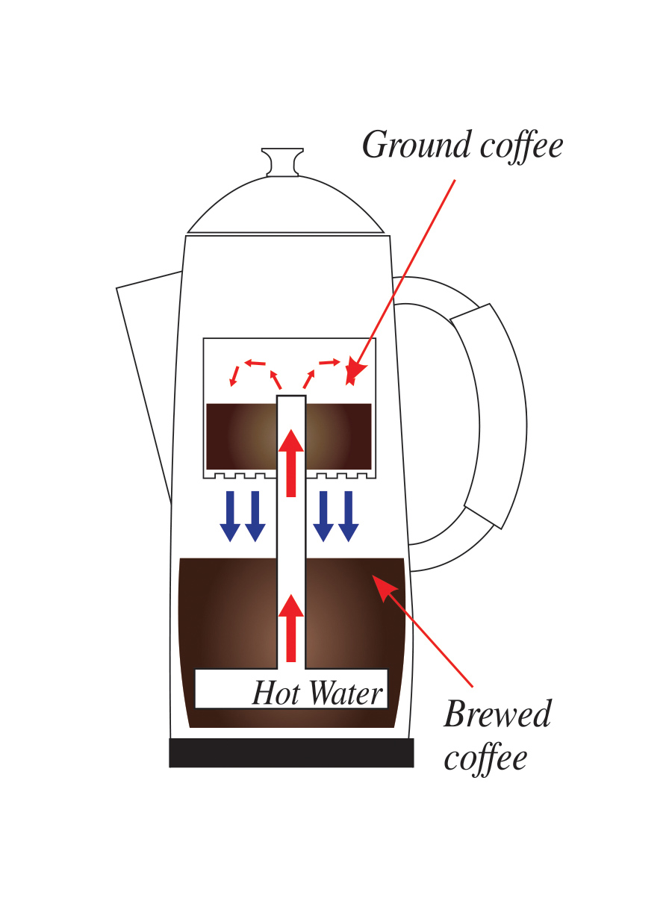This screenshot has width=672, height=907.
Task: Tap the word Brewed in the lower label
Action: pos(497,714)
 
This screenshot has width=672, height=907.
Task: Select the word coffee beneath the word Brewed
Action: pos(485,758)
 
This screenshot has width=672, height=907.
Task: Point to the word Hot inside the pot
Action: pos(275,694)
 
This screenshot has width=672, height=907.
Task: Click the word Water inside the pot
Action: pos(346,694)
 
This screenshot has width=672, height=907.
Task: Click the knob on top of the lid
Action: pos(281,161)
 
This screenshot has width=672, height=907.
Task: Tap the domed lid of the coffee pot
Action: pos(285,205)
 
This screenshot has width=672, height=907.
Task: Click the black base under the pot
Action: pos(291,753)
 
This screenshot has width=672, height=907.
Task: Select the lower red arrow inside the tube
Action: pos(291,627)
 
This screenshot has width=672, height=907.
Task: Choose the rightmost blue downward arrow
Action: pos(349,516)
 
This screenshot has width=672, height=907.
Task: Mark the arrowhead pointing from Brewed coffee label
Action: pos(381,584)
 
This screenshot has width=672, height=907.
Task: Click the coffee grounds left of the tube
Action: pos(240,436)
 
